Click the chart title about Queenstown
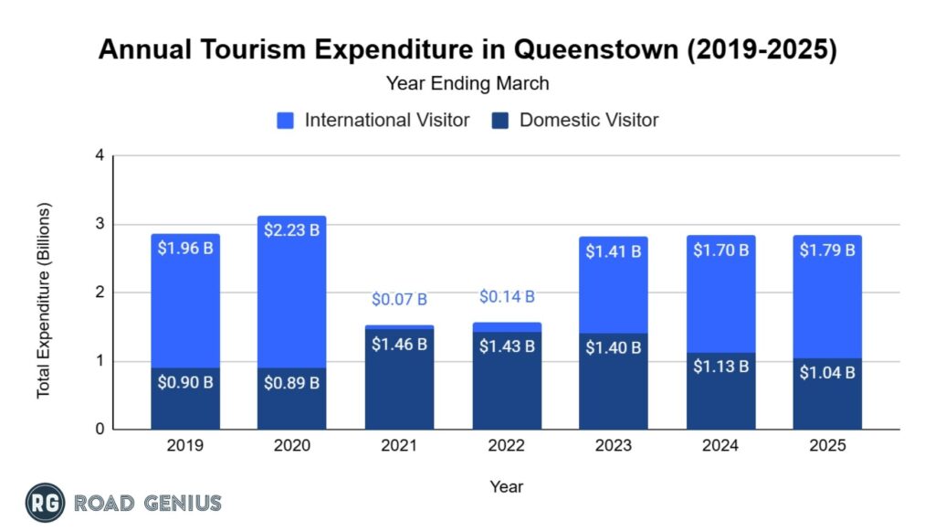click(x=467, y=49)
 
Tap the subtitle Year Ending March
click(x=467, y=83)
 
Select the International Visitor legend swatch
click(x=285, y=120)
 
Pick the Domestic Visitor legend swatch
click(x=499, y=120)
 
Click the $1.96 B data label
click(x=185, y=249)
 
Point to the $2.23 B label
click(x=291, y=230)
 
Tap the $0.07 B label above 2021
click(x=399, y=299)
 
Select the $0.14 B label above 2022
click(x=507, y=296)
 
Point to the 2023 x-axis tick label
click(x=614, y=446)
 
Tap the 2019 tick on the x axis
click(x=185, y=446)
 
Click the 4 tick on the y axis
click(x=99, y=155)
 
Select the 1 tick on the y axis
click(x=99, y=361)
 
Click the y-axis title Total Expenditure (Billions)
click(x=44, y=300)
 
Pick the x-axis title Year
click(x=506, y=485)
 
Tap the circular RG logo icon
click(x=44, y=502)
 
